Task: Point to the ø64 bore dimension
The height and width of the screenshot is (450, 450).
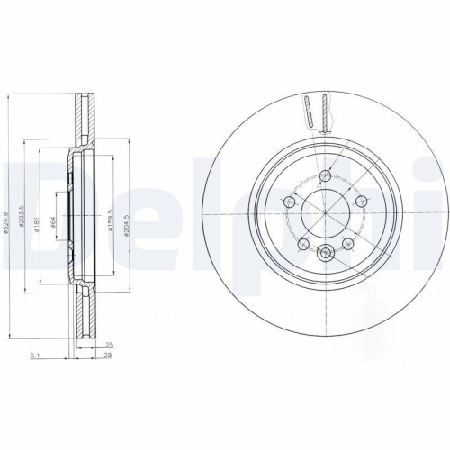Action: coord(54,222)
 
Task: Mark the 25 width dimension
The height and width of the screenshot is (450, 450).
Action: coord(108,346)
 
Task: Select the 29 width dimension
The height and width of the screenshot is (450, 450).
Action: coord(108,356)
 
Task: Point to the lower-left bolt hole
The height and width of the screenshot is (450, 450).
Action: coord(305,244)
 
